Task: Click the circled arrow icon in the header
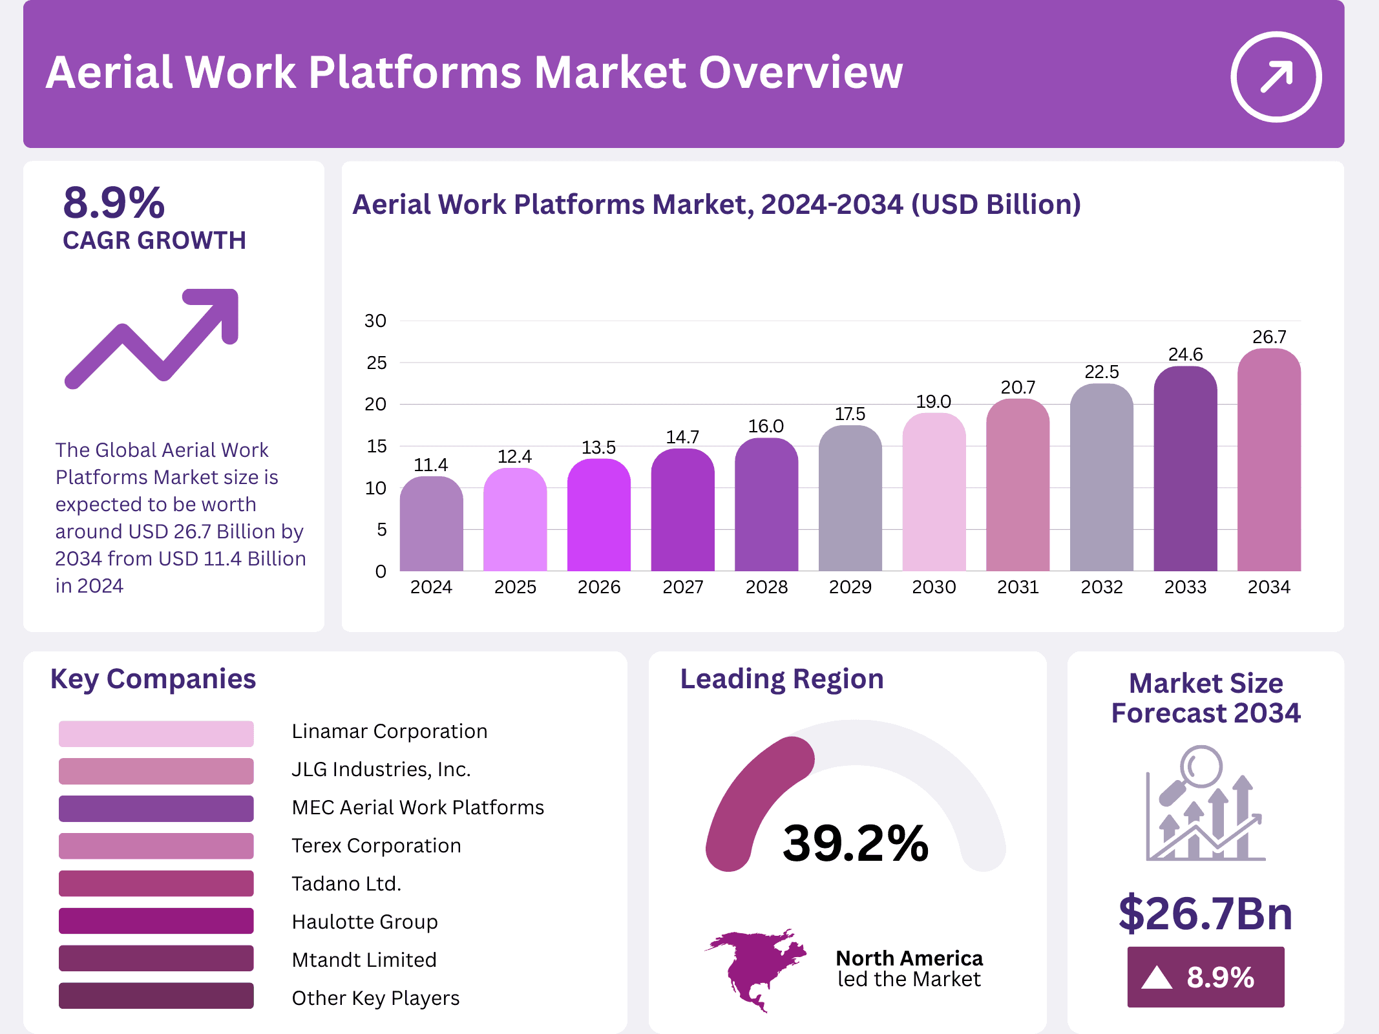[x=1276, y=77]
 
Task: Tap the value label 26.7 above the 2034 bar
[x=1269, y=337]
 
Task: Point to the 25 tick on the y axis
[x=376, y=363]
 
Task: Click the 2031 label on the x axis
[x=1018, y=587]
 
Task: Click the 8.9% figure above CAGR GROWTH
[x=114, y=203]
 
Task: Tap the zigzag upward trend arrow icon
[x=153, y=338]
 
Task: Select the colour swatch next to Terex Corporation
[x=156, y=846]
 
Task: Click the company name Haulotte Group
[x=364, y=922]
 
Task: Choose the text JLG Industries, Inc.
[x=381, y=769]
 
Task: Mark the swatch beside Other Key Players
[x=156, y=996]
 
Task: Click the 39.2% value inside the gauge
[x=855, y=843]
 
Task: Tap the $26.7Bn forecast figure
[x=1205, y=913]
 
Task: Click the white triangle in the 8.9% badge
[x=1157, y=978]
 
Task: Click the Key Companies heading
[x=153, y=679]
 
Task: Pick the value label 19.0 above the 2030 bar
[x=933, y=401]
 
